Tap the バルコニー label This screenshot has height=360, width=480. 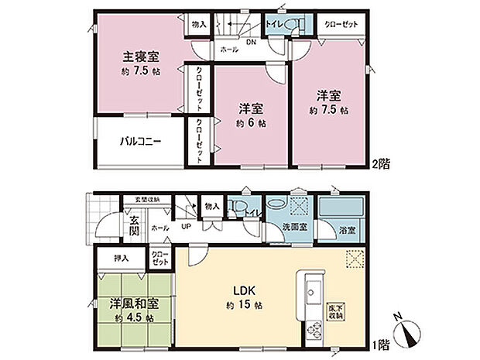coord(139,142)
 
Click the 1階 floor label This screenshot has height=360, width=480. coord(379,342)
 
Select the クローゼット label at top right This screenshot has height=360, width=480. coord(341,25)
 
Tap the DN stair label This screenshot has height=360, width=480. coord(251,43)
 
